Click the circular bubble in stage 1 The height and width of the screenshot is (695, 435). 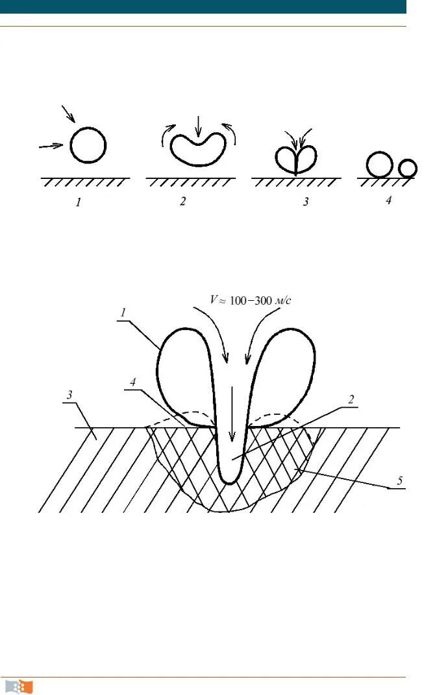click(87, 145)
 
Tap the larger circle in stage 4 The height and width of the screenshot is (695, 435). click(379, 165)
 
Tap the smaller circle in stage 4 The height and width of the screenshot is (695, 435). click(408, 169)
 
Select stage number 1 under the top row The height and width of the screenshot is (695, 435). click(79, 202)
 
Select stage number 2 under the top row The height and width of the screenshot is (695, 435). click(183, 202)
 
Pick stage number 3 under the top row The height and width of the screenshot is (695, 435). click(305, 202)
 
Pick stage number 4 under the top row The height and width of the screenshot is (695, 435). click(388, 201)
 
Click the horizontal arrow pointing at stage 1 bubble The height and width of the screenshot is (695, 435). click(52, 147)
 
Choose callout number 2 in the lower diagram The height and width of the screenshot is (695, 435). click(351, 400)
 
